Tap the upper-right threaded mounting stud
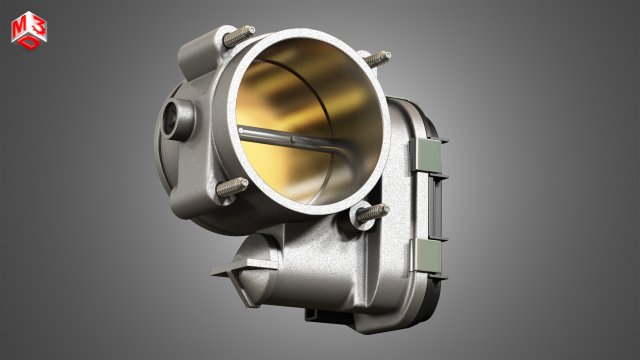point(376,59)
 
